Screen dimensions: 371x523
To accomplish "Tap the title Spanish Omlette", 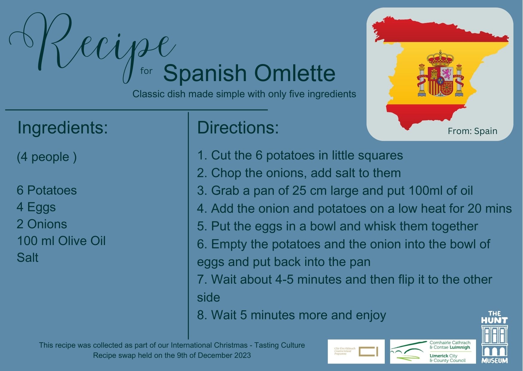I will [x=249, y=73].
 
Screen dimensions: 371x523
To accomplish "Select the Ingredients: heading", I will [x=63, y=127].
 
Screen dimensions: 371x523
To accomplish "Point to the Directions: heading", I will [x=238, y=127].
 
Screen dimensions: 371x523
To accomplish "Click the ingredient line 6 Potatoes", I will [x=47, y=190].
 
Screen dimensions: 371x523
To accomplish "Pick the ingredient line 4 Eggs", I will [x=36, y=207].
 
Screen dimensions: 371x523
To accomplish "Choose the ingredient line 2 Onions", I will [x=42, y=224].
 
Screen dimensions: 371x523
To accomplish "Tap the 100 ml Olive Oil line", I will [x=61, y=241].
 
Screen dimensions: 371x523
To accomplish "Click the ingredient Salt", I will [x=28, y=258].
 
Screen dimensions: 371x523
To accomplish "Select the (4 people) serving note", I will [x=47, y=157].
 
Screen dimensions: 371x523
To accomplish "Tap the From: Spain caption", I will [x=472, y=131].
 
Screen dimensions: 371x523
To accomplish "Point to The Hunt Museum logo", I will [x=494, y=337].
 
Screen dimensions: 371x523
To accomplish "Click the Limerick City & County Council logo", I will [x=433, y=352].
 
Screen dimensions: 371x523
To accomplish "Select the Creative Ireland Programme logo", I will [x=356, y=352].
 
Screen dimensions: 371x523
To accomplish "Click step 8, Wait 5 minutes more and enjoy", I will [x=291, y=315].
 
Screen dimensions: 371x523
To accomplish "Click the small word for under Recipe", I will [x=146, y=71].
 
